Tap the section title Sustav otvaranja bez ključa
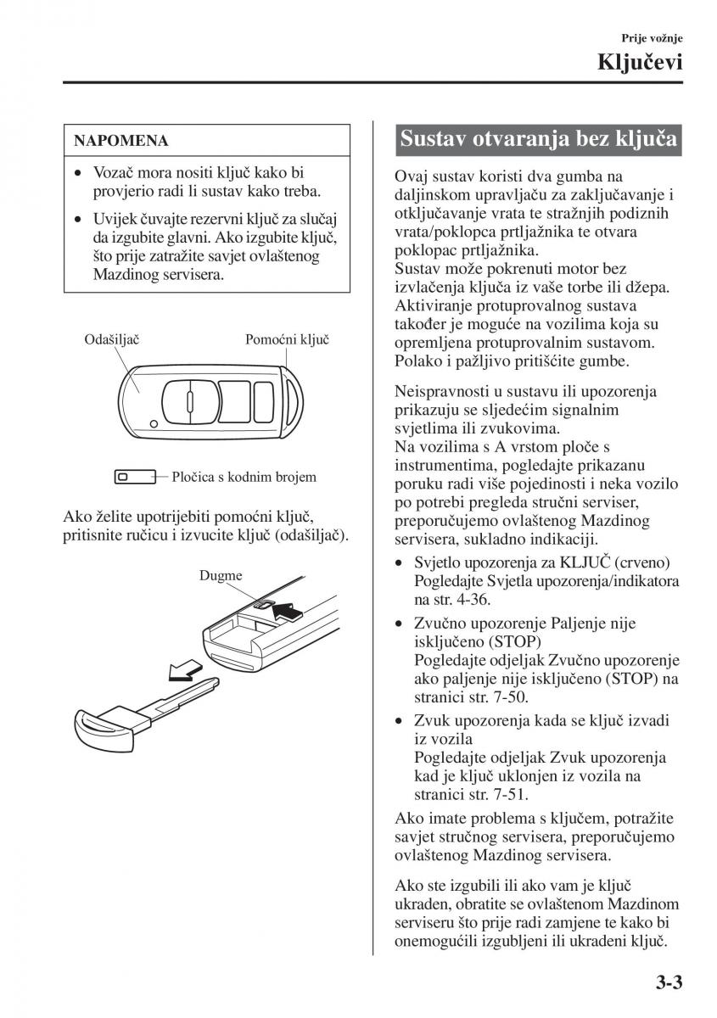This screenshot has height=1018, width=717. pyautogui.click(x=539, y=138)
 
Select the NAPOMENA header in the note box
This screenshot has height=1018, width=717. pyautogui.click(x=121, y=140)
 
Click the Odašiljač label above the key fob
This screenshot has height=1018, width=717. pyautogui.click(x=112, y=340)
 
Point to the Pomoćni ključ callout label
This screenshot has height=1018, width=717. pyautogui.click(x=287, y=340)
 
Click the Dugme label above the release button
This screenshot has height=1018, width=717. pyautogui.click(x=221, y=575)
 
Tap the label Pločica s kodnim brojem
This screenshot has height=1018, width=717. pyautogui.click(x=244, y=477)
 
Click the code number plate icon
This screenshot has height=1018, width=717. pyautogui.click(x=133, y=477)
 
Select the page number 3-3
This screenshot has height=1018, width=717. pyautogui.click(x=669, y=984)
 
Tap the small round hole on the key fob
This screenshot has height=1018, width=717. pyautogui.click(x=151, y=422)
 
